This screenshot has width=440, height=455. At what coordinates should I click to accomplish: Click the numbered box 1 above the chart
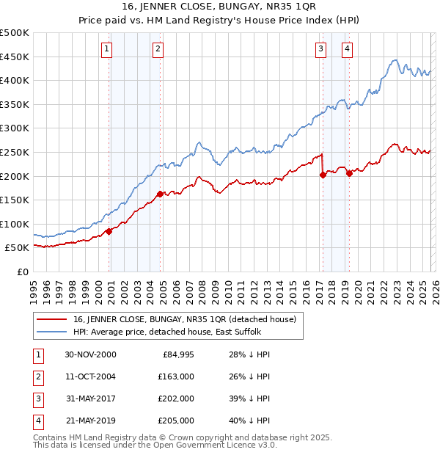coord(107,49)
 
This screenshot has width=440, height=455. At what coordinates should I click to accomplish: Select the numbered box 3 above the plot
coord(321,49)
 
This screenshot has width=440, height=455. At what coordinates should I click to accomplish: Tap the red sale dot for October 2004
coord(159,194)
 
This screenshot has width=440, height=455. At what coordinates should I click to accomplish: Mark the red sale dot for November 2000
coord(109,231)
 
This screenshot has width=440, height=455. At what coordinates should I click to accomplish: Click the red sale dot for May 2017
coord(323,175)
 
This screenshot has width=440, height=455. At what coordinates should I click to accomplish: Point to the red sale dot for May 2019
coord(349,173)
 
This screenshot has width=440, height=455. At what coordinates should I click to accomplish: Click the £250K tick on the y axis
coord(15,152)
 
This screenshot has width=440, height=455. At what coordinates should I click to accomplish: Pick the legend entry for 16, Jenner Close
coord(183,319)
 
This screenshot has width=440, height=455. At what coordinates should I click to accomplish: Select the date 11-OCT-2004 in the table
coord(90,376)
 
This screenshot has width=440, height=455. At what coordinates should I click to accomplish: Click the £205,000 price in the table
coord(175,421)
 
